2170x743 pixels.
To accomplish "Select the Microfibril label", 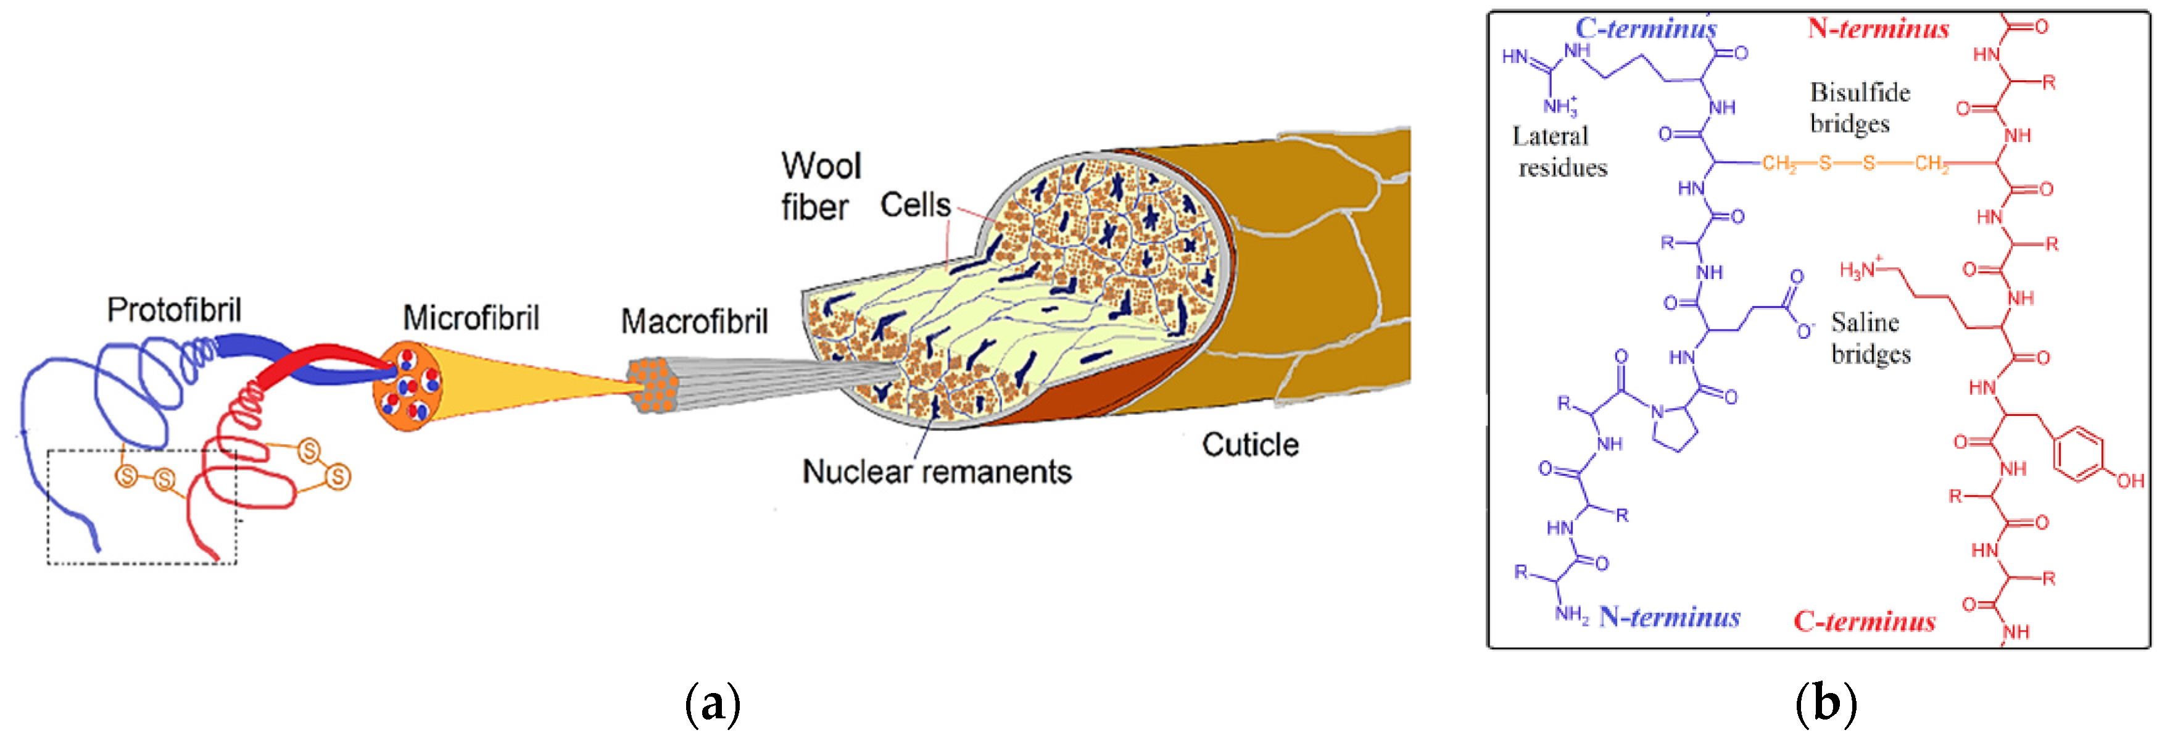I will (x=470, y=318).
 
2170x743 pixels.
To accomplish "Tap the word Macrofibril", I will (x=694, y=322).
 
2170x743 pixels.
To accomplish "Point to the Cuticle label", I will (x=1249, y=445).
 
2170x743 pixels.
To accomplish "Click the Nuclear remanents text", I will (x=936, y=471).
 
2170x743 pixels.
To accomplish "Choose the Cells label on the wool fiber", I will (x=915, y=205).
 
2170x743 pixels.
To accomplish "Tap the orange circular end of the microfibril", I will (x=408, y=387).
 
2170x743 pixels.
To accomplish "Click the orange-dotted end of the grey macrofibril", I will (x=653, y=386).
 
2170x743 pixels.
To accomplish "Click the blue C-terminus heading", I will (x=1645, y=28).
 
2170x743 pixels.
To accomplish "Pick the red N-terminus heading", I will (x=1878, y=28).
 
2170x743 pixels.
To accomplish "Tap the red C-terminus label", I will (x=1864, y=621).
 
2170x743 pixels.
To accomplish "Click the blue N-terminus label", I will (x=1669, y=618).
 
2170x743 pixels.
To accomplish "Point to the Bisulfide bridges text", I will (x=1859, y=108).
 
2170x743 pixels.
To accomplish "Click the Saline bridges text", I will (x=1870, y=338).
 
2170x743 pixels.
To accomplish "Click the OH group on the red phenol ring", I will (x=2129, y=481).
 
